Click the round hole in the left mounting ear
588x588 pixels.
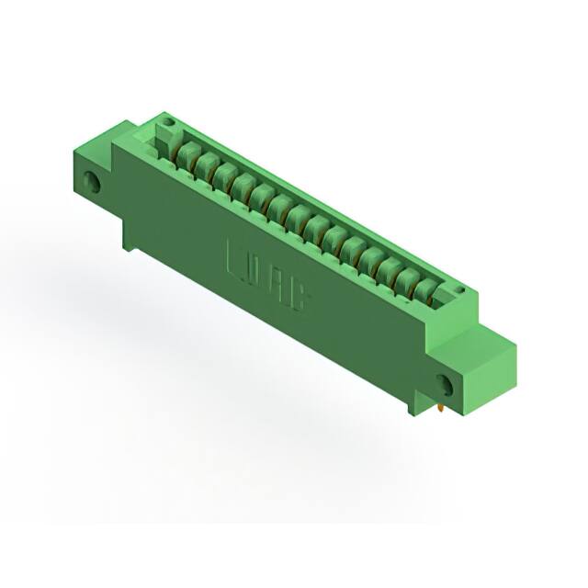[x=93, y=180]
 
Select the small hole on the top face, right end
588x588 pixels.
[x=457, y=292]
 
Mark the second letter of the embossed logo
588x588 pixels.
[x=255, y=270]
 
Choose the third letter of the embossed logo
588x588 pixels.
[x=277, y=282]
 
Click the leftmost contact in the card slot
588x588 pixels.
[x=188, y=153]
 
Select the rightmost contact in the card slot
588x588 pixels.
[x=424, y=290]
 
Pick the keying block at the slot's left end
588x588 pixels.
[x=166, y=140]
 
